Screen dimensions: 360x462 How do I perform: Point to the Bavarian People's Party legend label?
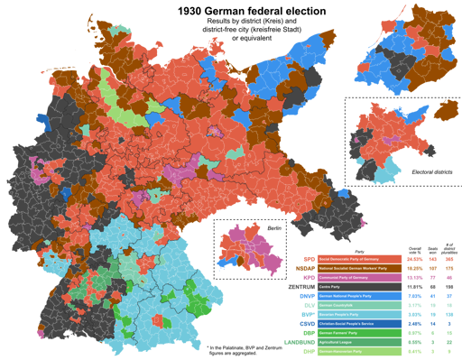coord(338,315)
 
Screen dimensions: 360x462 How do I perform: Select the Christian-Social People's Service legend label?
coord(346,324)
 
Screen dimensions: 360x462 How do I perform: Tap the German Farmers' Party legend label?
coord(336,333)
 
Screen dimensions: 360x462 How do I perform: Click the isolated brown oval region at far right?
coord(446,110)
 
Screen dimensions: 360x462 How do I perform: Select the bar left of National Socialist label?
coord(305,268)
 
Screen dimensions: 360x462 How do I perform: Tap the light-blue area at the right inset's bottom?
coord(385,171)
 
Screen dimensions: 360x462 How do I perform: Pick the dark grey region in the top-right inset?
coord(396,63)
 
